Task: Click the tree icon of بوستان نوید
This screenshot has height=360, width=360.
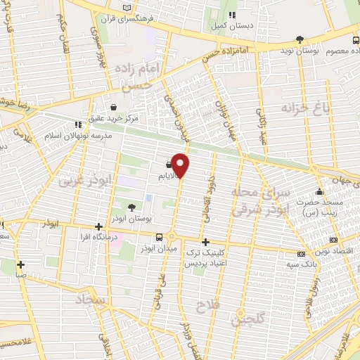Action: pyautogui.click(x=301, y=39)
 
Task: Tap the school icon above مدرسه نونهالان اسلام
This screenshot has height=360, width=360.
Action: pyautogui.click(x=78, y=125)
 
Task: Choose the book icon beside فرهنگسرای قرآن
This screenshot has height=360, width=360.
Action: pyautogui.click(x=127, y=7)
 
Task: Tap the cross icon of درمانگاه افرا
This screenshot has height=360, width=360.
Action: pyautogui.click(x=99, y=226)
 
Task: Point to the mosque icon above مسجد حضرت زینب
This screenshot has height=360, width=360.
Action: pyautogui.click(x=319, y=191)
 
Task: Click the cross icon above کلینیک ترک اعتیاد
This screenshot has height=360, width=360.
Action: pyautogui.click(x=205, y=241)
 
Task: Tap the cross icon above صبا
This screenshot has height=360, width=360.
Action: pyautogui.click(x=21, y=265)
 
